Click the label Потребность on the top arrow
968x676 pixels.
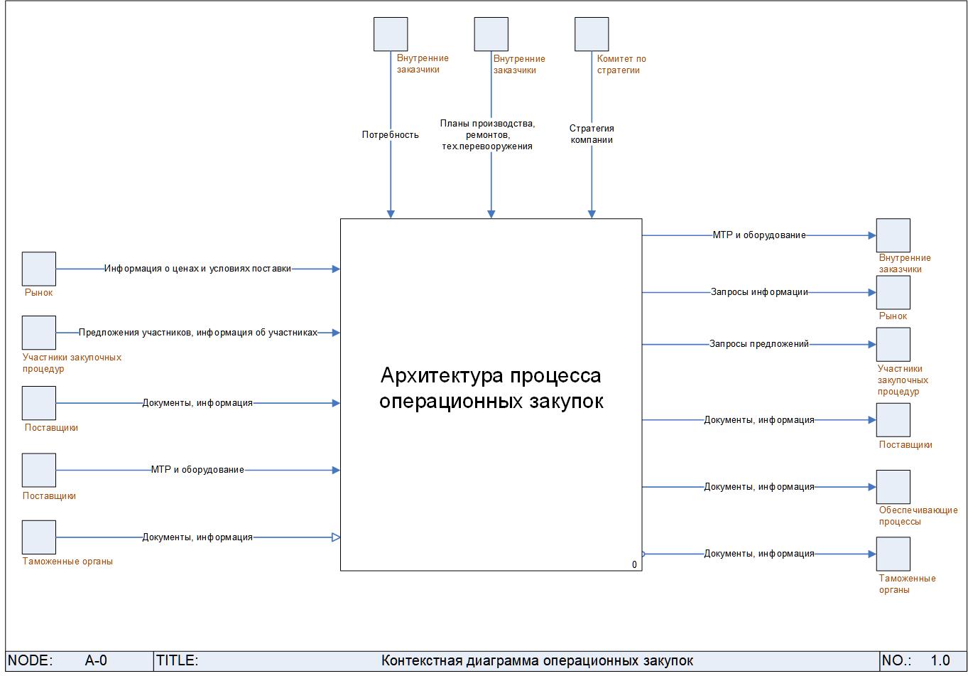pos(390,134)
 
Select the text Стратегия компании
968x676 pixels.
pos(592,134)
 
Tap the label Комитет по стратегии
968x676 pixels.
pos(621,65)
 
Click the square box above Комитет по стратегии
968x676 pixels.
pos(592,34)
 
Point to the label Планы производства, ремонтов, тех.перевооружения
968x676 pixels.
pos(487,135)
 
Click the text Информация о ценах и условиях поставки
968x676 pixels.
pos(197,269)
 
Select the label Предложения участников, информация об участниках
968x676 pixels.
pos(197,332)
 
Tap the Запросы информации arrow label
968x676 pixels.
pos(759,292)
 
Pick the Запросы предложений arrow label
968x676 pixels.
pos(759,344)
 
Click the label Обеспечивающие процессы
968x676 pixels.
pos(918,515)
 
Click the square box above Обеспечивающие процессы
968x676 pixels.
pos(893,487)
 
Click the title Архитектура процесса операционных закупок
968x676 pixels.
pos(491,388)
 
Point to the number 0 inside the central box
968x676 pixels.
pos(634,565)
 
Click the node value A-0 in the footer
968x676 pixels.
pos(96,660)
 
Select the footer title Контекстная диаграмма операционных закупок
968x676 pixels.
pos(537,661)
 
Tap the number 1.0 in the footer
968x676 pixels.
pos(940,660)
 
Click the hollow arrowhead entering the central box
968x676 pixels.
pos(336,537)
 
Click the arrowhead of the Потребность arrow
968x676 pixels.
pos(391,213)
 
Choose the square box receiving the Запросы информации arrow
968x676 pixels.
pos(893,292)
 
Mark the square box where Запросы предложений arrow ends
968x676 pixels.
pos(893,344)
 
